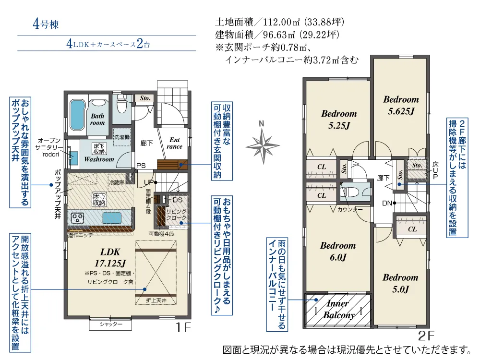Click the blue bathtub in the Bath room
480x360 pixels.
[77, 115]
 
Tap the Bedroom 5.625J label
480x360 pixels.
[401, 105]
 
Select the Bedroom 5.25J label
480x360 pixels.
[339, 120]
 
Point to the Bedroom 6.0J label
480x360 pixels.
[338, 252]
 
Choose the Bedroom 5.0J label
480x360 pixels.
[400, 283]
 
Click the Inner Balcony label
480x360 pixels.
[338, 309]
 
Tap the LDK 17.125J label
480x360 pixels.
[110, 257]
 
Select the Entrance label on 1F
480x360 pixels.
[175, 143]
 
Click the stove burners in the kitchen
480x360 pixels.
[77, 218]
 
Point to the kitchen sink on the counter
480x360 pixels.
[112, 218]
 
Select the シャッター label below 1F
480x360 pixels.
[111, 324]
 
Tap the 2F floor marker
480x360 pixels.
[426, 336]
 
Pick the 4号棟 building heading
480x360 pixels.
[46, 24]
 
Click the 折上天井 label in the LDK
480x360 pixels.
[156, 300]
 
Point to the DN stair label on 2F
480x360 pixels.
[387, 203]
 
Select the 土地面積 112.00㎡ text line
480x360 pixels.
[280, 22]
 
